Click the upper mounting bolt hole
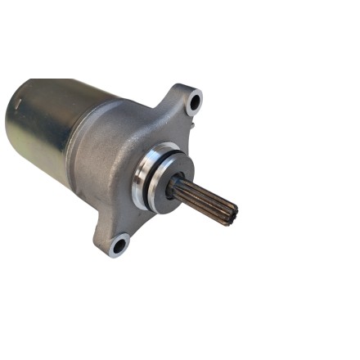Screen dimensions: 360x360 pyautogui.click(x=194, y=102)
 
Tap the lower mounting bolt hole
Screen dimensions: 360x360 pyautogui.click(x=120, y=243)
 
